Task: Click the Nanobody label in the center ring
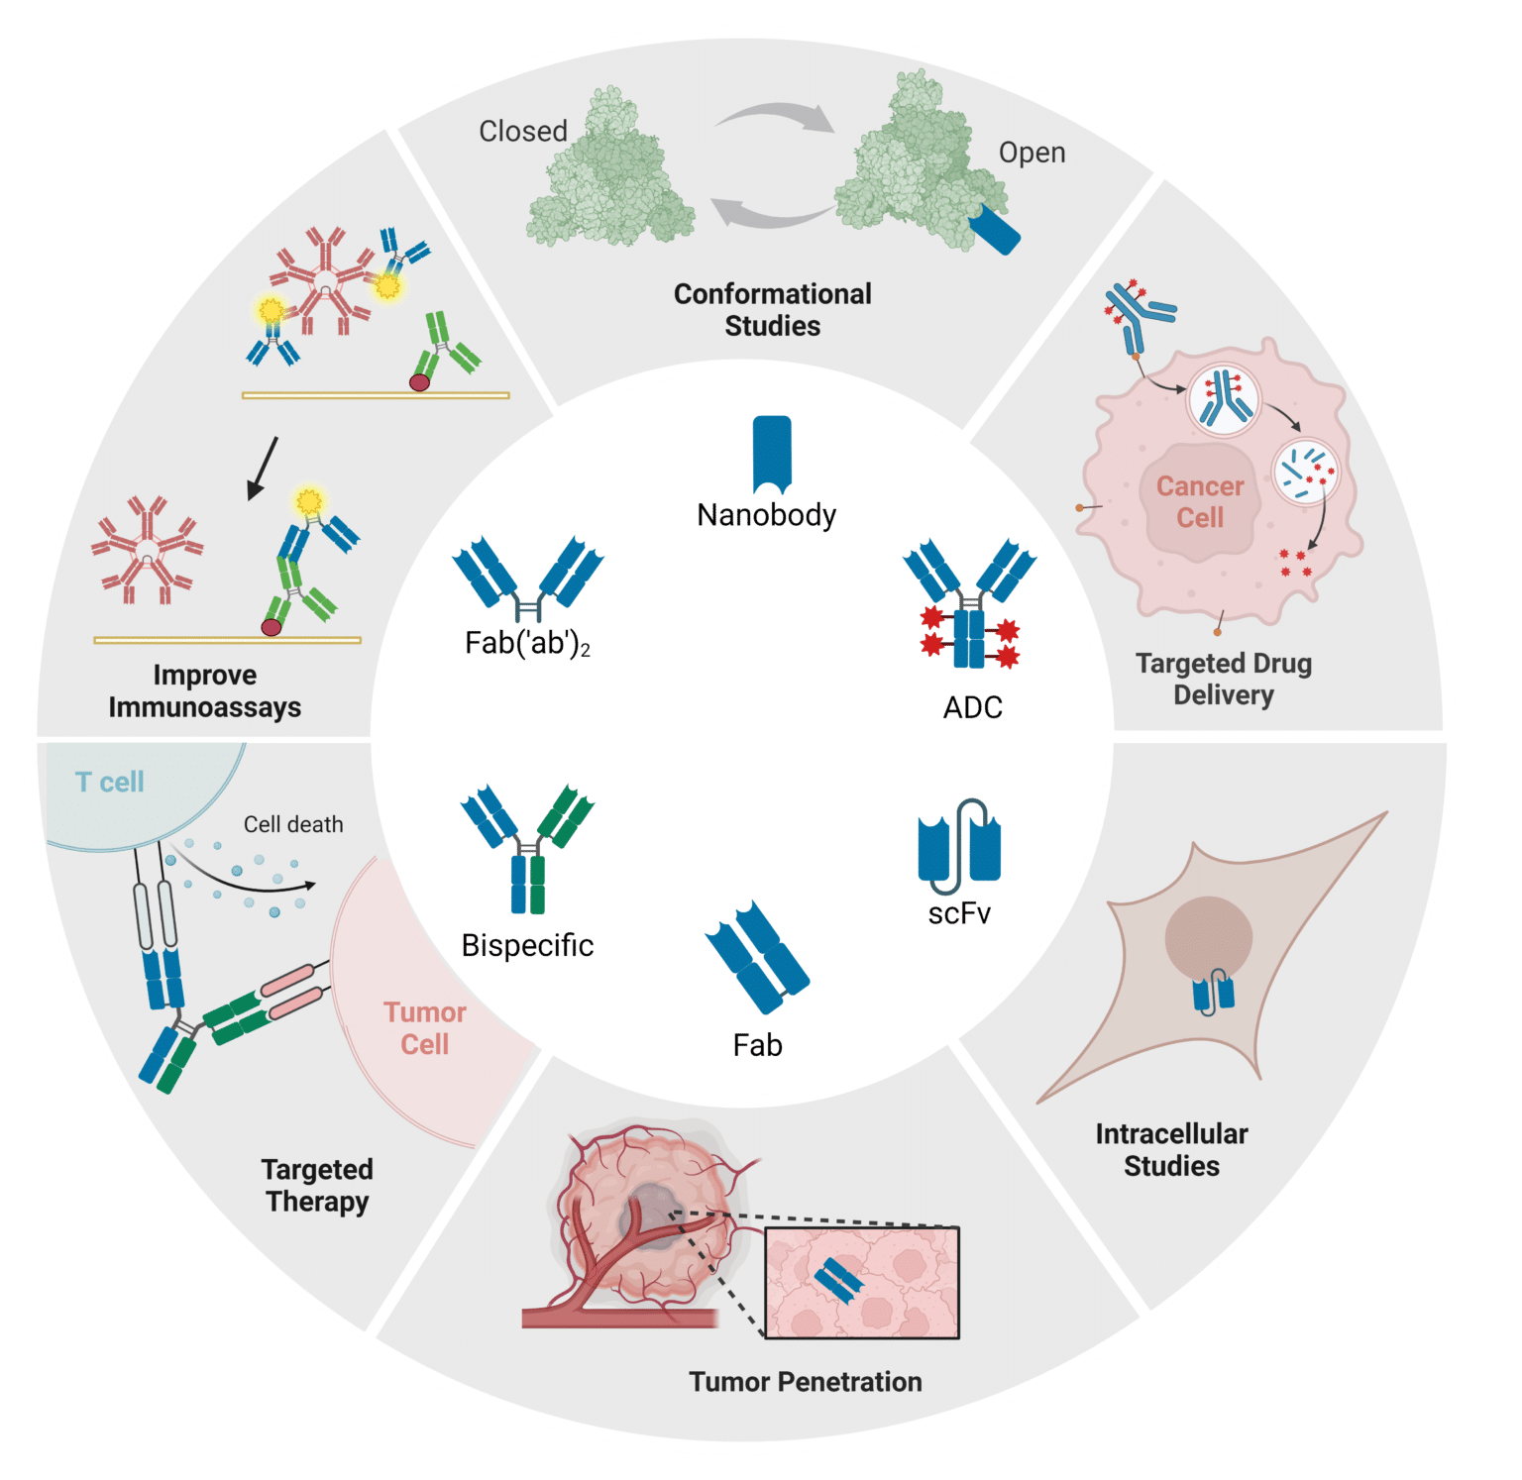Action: [x=766, y=515]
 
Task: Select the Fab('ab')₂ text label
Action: [x=527, y=644]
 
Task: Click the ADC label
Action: [x=972, y=707]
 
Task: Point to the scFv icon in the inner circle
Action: [x=959, y=847]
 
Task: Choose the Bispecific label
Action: [x=527, y=945]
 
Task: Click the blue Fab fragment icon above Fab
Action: [x=758, y=957]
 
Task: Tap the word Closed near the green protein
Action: [x=523, y=132]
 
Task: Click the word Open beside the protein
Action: [x=1032, y=153]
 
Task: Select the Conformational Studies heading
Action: [x=772, y=309]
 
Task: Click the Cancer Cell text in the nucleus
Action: [x=1199, y=502]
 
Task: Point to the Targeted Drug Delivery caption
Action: [x=1223, y=679]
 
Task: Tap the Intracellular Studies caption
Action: [x=1171, y=1149]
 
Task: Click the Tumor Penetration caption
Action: [x=805, y=1382]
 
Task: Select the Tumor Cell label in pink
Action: [x=424, y=1028]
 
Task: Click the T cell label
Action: [x=110, y=783]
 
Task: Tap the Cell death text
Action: [x=293, y=824]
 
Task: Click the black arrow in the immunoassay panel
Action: [x=263, y=468]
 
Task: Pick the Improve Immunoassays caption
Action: [x=204, y=690]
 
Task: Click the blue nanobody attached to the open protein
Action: [x=995, y=231]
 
